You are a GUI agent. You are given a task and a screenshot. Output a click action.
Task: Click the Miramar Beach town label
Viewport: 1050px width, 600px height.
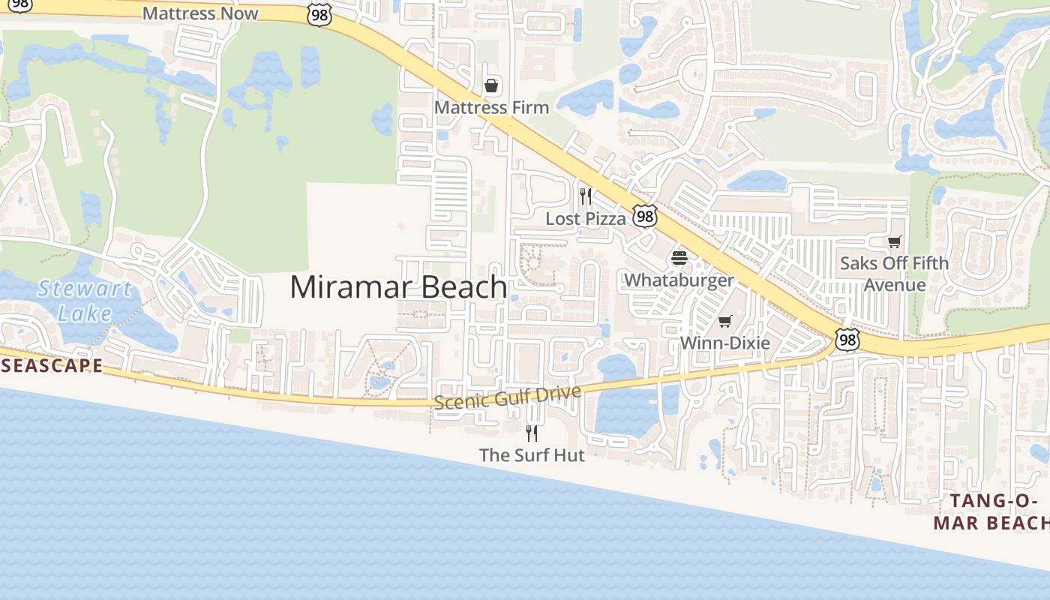coord(398,287)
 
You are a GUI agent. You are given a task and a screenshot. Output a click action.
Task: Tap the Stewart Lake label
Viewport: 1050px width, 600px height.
coord(85,300)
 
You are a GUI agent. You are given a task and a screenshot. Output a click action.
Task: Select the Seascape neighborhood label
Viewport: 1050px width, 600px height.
coord(51,366)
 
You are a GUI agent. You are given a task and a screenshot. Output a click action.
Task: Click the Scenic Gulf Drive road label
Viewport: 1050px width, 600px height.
coord(508,397)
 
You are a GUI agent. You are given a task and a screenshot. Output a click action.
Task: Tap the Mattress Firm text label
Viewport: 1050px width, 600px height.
coord(491,107)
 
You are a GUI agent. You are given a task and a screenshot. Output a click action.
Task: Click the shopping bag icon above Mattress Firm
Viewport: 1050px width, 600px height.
coord(491,85)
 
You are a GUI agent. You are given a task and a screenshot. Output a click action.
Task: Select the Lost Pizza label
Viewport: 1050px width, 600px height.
coord(585,219)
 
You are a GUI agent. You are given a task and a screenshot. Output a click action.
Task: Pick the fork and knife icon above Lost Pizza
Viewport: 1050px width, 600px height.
coord(586,197)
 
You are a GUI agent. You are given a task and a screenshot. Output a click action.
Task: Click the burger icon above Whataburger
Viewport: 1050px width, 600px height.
coord(679,259)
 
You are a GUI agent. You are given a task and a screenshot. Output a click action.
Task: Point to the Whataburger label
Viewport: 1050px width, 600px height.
coord(679,280)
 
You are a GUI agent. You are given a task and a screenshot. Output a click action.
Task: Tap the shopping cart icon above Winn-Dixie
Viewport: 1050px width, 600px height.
coord(724,322)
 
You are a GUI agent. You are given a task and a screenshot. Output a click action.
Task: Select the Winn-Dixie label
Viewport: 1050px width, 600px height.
coord(724,343)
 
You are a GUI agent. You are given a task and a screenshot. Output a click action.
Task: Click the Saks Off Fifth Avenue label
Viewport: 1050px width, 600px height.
coord(894,274)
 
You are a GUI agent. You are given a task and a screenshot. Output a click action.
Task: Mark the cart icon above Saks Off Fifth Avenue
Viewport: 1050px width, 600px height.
coord(894,241)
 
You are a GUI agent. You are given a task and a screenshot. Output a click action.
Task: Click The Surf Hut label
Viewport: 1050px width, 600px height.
coord(532,455)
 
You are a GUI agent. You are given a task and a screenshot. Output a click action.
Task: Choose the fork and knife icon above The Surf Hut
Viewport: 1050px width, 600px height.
coord(532,433)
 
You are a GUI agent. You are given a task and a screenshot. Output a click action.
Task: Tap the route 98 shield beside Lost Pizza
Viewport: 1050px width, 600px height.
coord(644,216)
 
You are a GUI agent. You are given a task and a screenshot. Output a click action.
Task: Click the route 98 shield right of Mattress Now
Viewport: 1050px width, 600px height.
coord(319,14)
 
